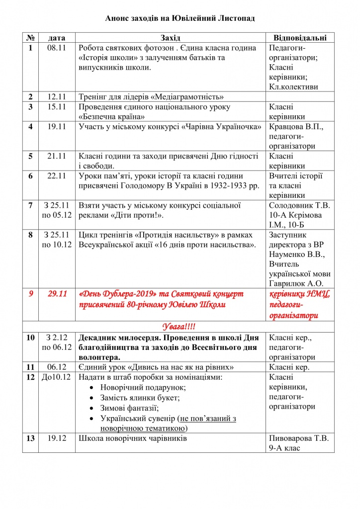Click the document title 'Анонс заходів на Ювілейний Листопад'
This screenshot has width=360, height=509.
180,18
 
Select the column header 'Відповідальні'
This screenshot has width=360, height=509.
300,38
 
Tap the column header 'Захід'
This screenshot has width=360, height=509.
171,38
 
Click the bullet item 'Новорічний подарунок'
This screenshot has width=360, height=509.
140,388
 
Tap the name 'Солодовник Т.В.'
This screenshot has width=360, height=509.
299,205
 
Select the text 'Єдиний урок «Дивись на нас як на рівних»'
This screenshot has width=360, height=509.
157,367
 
